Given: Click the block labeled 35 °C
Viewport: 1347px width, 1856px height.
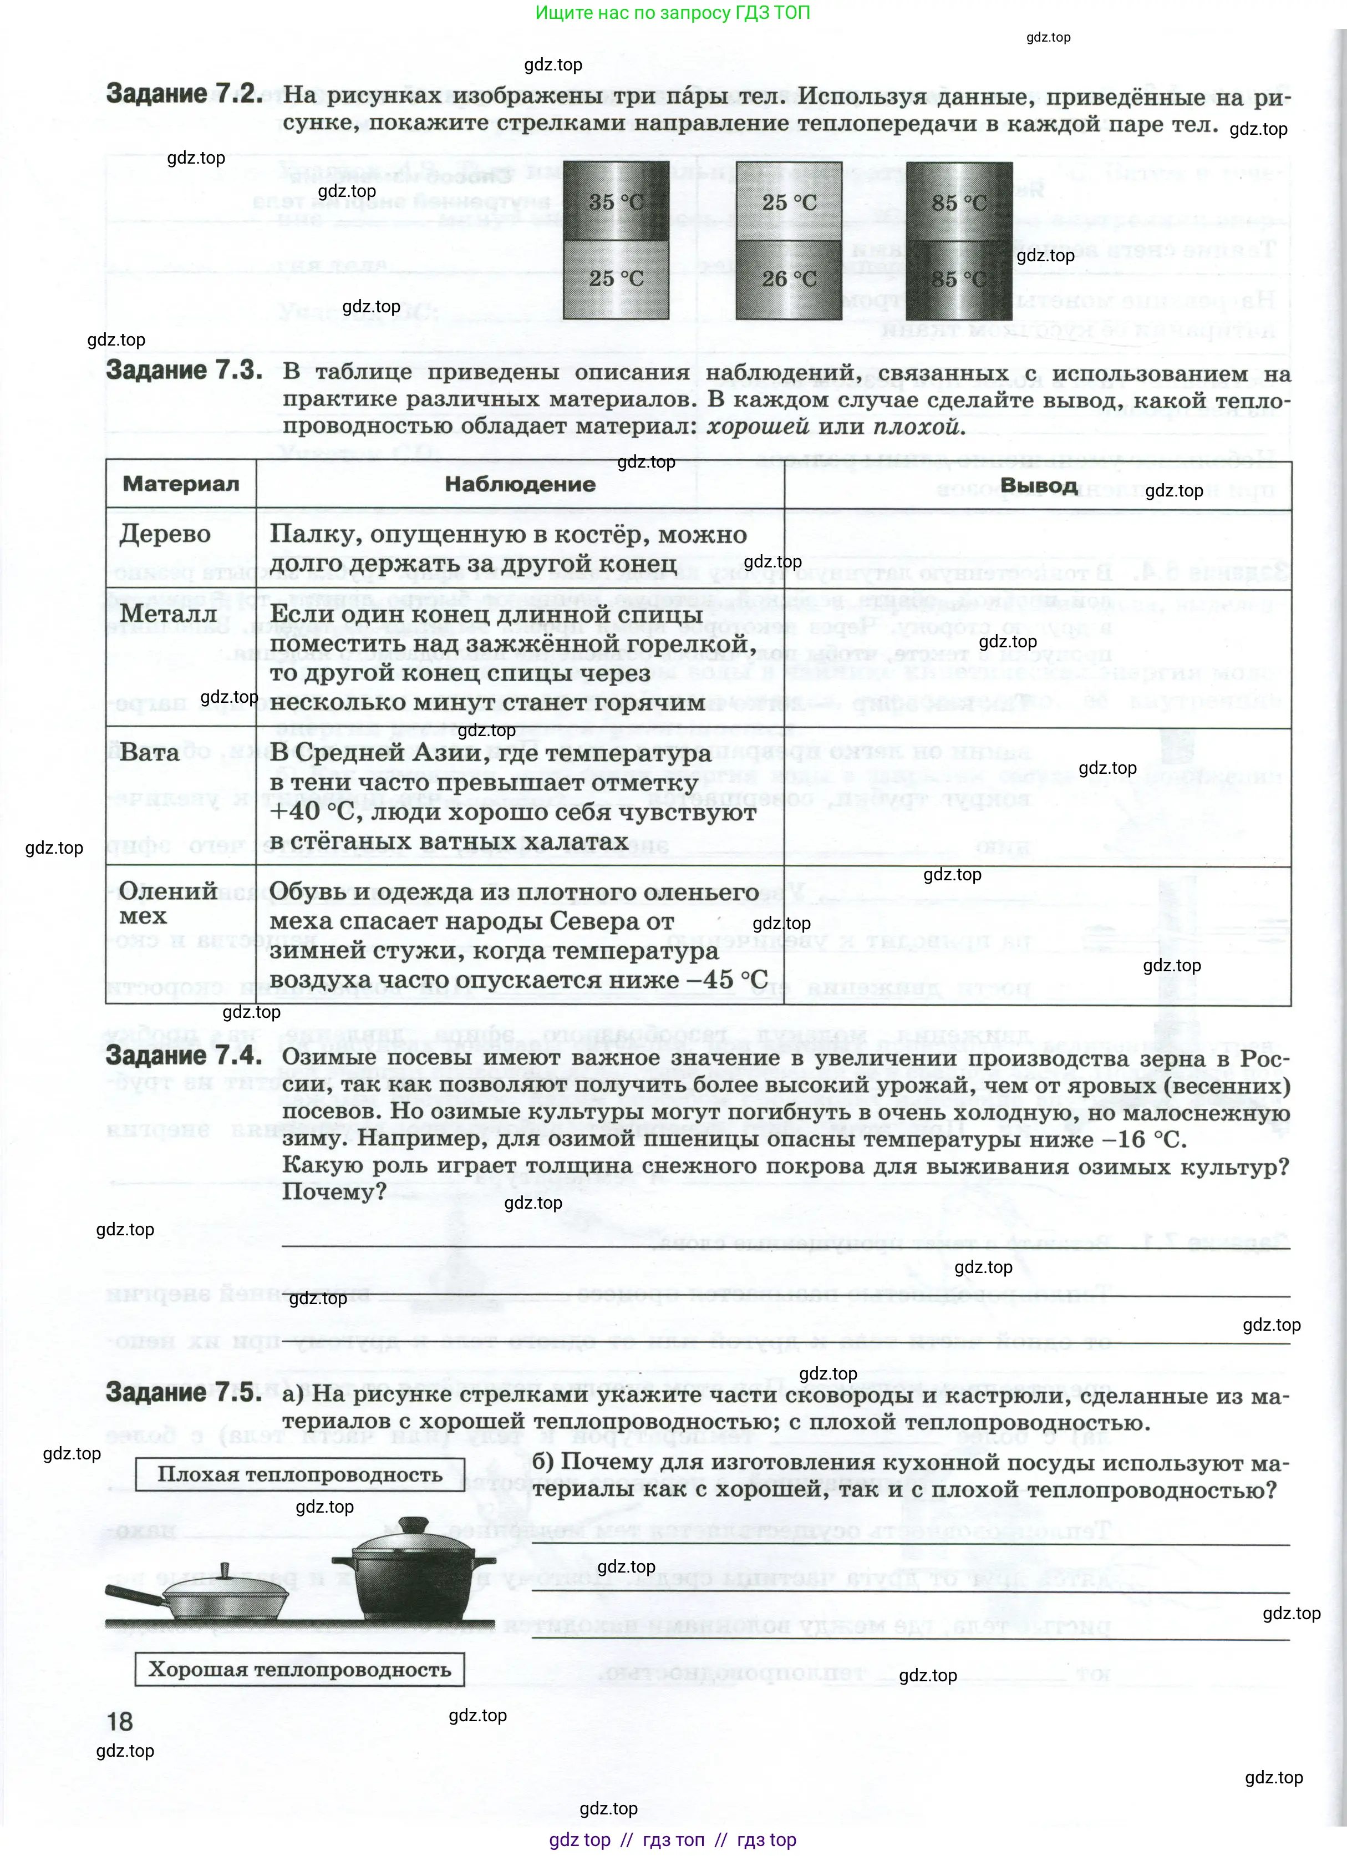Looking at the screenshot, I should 616,201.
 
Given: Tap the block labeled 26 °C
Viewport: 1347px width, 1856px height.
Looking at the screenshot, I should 789,279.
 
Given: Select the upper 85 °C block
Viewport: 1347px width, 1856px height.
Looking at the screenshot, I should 959,201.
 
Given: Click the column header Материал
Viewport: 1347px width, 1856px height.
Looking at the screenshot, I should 181,484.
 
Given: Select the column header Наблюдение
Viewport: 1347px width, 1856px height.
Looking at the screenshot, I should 520,484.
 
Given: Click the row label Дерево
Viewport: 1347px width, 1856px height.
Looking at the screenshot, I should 165,534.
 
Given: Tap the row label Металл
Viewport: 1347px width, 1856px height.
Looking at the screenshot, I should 169,613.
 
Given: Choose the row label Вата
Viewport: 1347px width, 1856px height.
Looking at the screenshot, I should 150,752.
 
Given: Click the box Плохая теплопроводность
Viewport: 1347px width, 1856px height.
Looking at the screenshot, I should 299,1475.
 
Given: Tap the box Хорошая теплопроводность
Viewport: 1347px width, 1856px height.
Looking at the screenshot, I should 299,1670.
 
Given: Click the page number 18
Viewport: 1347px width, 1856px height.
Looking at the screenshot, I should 119,1721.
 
